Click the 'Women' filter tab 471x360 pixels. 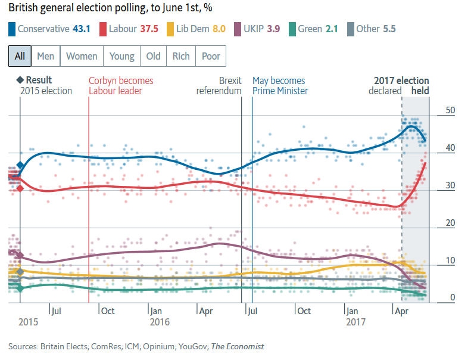pos(82,56)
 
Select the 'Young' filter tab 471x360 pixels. pos(122,56)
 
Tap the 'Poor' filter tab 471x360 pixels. pos(211,56)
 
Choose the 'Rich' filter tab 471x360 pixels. pos(181,56)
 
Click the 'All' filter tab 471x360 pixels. pos(20,56)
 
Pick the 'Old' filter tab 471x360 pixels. pos(154,56)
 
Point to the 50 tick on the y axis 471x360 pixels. pos(450,110)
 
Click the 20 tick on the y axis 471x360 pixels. pos(450,223)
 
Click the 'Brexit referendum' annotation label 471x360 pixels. pos(220,86)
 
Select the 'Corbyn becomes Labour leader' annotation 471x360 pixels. pos(121,86)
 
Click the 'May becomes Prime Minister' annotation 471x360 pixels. pos(280,86)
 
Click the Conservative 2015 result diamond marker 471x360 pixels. pos(20,165)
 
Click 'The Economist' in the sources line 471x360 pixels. pos(238,346)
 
